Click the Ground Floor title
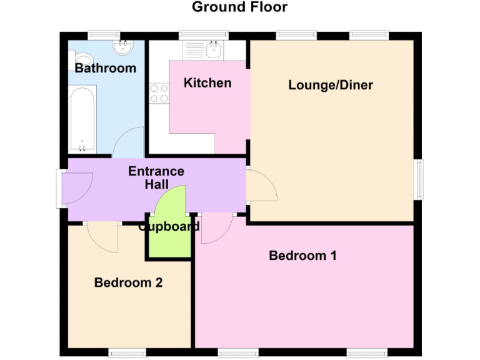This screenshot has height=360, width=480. tap(239, 7)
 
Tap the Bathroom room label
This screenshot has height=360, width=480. tap(105, 68)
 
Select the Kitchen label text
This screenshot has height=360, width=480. tap(207, 82)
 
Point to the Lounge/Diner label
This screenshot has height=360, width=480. tap(330, 85)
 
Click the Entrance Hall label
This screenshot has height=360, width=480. tap(156, 177)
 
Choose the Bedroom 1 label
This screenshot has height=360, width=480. tap(302, 256)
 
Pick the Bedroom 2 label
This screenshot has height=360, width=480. tap(128, 282)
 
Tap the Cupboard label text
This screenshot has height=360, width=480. tap(169, 227)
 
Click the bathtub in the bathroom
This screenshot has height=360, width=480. tap(82, 120)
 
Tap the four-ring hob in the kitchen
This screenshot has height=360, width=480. tap(159, 93)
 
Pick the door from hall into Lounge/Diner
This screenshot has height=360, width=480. tap(261, 186)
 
